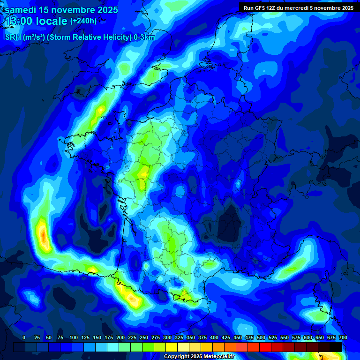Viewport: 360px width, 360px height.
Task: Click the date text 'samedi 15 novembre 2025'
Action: click(61, 10)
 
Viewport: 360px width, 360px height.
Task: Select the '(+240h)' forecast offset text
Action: click(83, 21)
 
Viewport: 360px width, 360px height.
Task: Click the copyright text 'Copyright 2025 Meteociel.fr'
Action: click(199, 357)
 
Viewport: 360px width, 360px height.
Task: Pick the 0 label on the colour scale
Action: click(24, 337)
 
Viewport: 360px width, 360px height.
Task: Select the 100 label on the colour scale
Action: click(74, 337)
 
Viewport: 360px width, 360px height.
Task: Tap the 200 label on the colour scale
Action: click(120, 337)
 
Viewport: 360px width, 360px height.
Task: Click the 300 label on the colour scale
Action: click(167, 337)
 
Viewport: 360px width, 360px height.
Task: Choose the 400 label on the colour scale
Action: click(214, 337)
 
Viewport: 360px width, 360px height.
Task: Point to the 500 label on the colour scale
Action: click(261, 337)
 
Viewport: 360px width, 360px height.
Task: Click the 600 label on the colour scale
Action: click(307, 337)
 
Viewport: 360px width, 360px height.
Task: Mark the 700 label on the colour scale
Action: click(343, 337)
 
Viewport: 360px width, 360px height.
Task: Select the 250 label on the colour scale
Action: click(144, 337)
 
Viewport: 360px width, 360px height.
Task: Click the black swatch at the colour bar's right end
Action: click(336, 347)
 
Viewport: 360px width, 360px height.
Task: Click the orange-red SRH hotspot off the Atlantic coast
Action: click(44, 236)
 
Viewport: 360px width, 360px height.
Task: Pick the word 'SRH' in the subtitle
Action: click(13, 37)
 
